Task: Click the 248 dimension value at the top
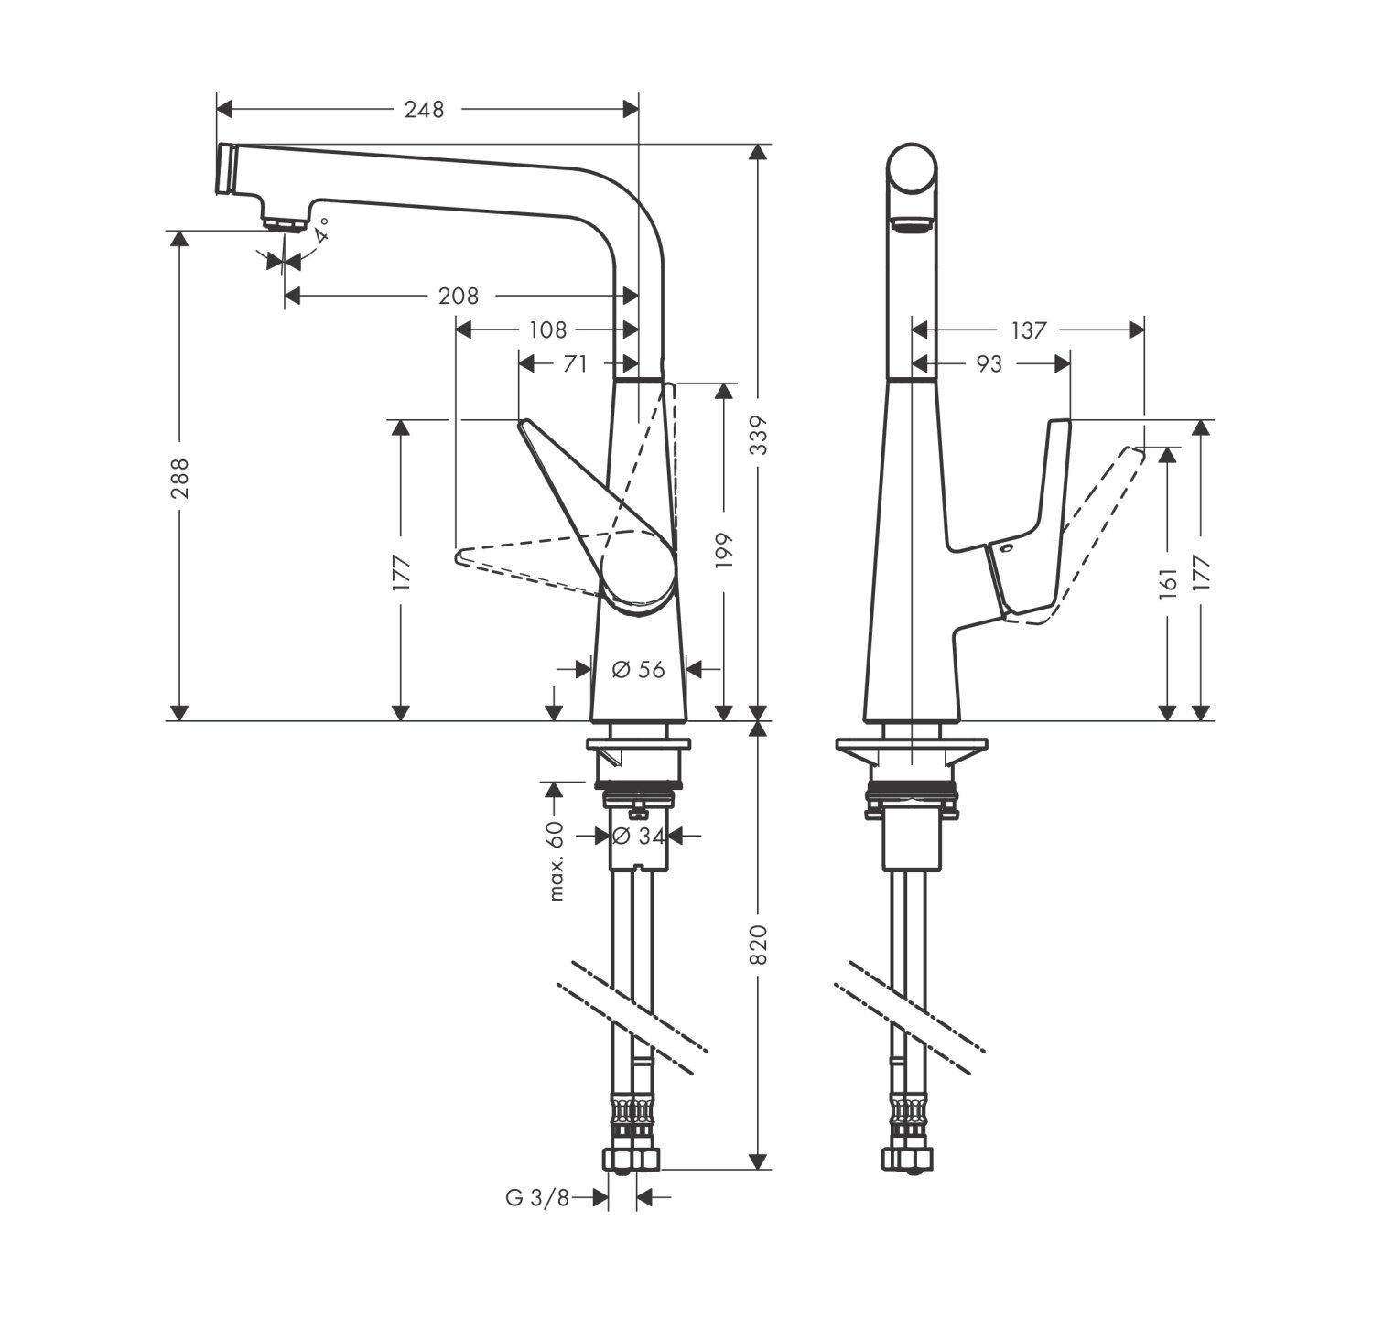(425, 110)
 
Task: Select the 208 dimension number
(459, 296)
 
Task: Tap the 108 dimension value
(546, 329)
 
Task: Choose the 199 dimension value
(725, 549)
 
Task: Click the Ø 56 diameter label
(638, 669)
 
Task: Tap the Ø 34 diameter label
(637, 835)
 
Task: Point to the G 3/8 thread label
(537, 1196)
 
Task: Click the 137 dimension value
(1029, 329)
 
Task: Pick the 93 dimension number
(989, 363)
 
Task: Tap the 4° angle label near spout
(320, 232)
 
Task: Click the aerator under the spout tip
(283, 222)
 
